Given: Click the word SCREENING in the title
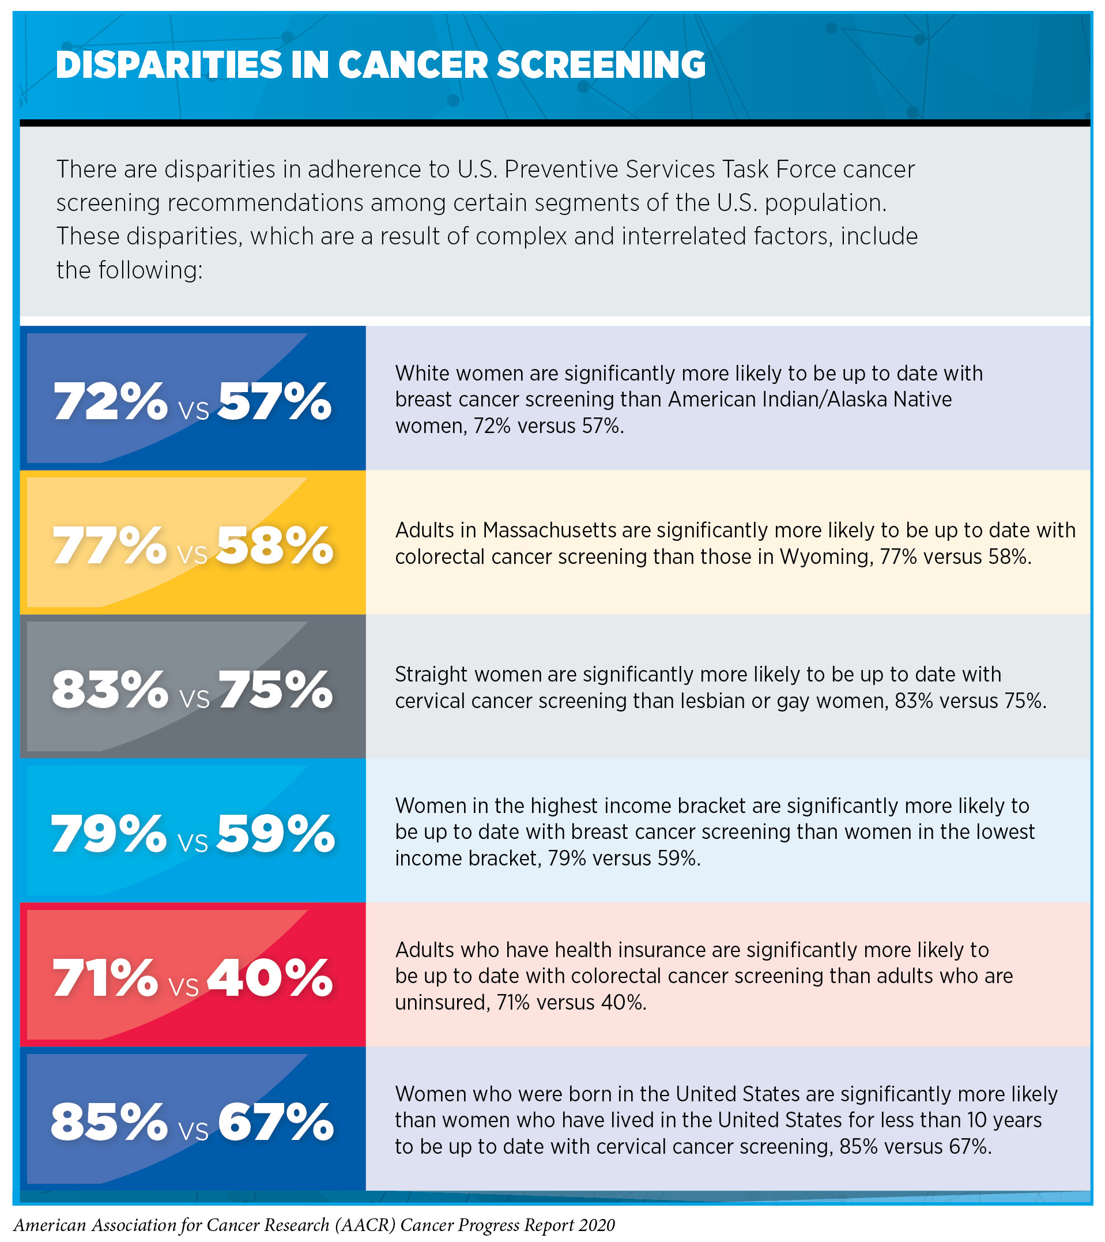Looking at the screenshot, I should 601,65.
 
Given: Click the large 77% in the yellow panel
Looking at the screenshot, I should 110,545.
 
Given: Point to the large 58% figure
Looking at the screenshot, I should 274,545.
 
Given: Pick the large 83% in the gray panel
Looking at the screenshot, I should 110,690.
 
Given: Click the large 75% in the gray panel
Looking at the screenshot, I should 276,690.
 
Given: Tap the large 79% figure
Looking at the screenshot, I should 109,833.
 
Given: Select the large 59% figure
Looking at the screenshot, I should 275,833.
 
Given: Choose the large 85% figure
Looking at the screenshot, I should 110,1121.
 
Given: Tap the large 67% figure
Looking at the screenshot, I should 276,1121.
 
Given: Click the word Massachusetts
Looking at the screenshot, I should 550,530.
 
